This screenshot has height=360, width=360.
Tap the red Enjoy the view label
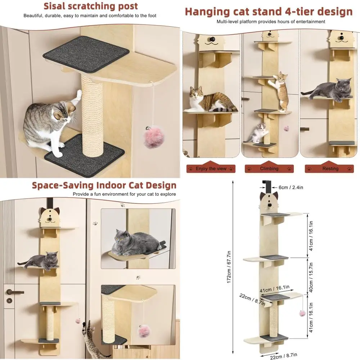tap(211, 168)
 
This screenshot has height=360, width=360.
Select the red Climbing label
tap(269, 168)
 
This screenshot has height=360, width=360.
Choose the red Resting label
tap(330, 168)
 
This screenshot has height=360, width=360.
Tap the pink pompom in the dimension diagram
tap(302, 313)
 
